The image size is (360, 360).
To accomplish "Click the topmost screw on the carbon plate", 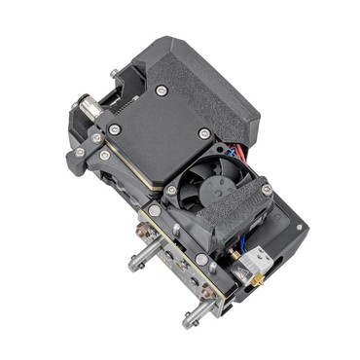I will pos(162,90).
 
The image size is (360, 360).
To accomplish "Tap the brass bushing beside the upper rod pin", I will pos(146,234).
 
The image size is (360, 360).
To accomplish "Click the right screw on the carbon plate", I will pos(203,133).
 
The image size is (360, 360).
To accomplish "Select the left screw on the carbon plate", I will pos(115,129).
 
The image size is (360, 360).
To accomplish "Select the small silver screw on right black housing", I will pos(301,229).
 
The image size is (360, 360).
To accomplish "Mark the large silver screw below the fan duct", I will pos(200,260).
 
